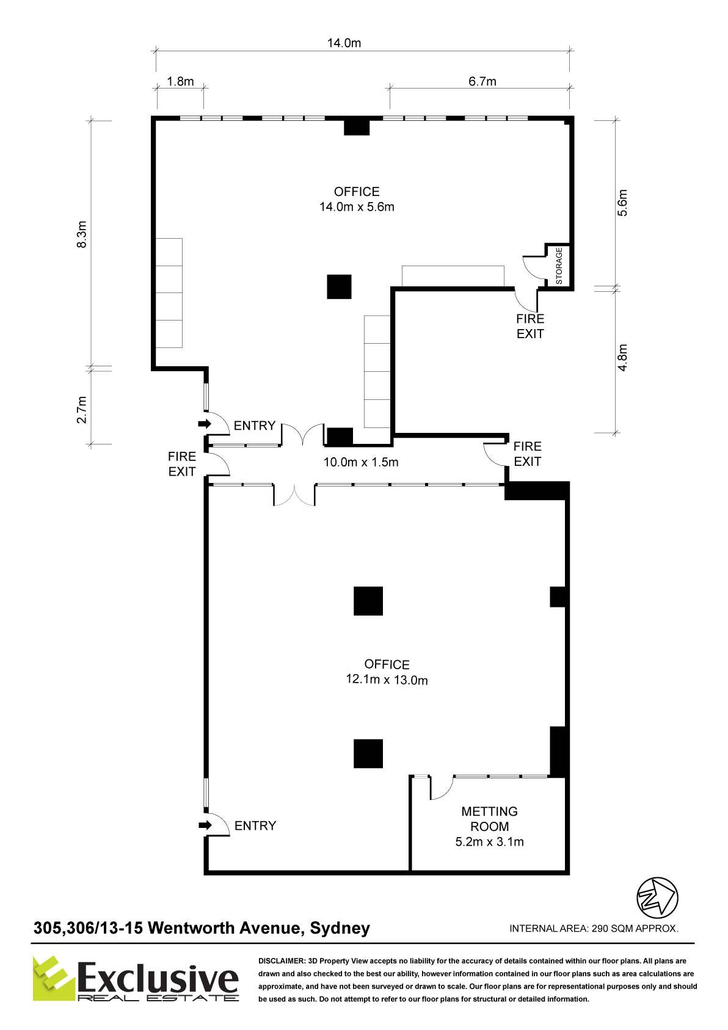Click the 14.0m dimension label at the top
[x=343, y=43]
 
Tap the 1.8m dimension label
[x=180, y=81]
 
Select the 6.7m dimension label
[x=482, y=81]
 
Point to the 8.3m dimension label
[x=81, y=234]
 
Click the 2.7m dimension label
[x=81, y=410]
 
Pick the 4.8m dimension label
[x=622, y=357]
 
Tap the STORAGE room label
[x=559, y=266]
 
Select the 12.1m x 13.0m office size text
[x=387, y=680]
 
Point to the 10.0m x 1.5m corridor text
[x=360, y=462]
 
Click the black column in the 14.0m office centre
[x=339, y=287]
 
